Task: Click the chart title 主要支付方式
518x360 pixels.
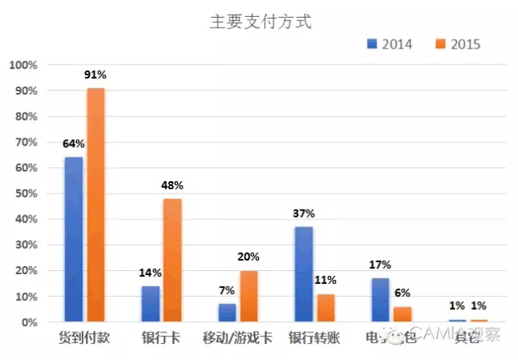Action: click(x=260, y=23)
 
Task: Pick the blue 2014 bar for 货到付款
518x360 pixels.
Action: click(x=74, y=239)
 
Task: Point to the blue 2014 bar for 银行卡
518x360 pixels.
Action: click(x=151, y=304)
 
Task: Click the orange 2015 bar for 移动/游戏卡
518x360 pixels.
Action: click(x=249, y=296)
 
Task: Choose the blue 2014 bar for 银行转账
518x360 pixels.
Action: click(x=304, y=274)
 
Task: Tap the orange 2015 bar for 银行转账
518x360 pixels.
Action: click(x=325, y=308)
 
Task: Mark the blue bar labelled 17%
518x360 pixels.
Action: click(x=380, y=300)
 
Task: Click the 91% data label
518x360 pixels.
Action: click(x=96, y=75)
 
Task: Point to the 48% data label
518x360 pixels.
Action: click(x=172, y=184)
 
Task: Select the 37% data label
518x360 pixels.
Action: click(x=304, y=214)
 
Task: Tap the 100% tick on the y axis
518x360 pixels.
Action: click(x=23, y=65)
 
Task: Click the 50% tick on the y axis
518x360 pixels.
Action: click(x=25, y=193)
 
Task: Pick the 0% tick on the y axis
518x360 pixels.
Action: click(x=28, y=322)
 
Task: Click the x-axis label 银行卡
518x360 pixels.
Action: click(x=161, y=337)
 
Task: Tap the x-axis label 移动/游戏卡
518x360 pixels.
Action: click(x=238, y=337)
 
